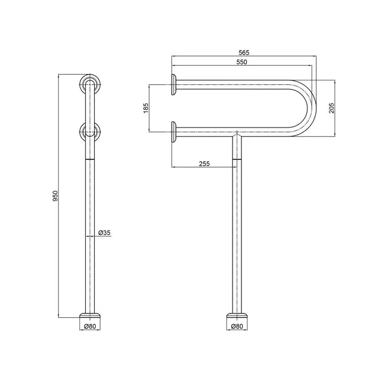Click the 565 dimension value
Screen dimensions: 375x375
(x=244, y=52)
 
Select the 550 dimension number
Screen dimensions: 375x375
(x=241, y=62)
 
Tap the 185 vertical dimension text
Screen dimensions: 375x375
(x=145, y=108)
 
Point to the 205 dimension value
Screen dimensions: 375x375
(x=331, y=108)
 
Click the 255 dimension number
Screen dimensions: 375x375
(x=204, y=163)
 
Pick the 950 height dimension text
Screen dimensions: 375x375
(x=55, y=196)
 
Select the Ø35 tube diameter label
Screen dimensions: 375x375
(x=105, y=232)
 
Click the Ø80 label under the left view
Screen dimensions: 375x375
(x=90, y=326)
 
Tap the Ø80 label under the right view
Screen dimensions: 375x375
(x=237, y=326)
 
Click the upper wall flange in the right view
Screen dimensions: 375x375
(x=174, y=85)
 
